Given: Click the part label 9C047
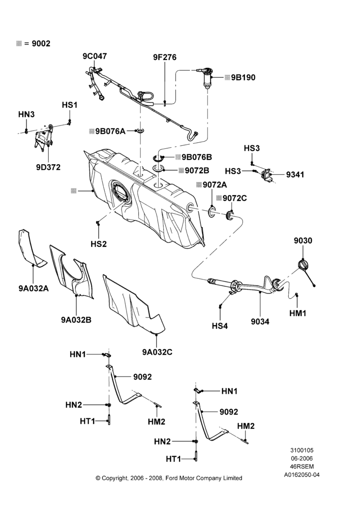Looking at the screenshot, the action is coord(95,56).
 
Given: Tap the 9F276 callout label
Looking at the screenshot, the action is coord(165,57).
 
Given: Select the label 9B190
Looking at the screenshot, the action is coord(243,78).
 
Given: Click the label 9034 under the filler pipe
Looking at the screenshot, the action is coord(260,322).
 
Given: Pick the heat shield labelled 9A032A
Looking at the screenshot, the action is coord(31,248).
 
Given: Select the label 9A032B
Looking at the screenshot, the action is coord(76,320).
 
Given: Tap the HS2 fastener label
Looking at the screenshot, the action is coord(99,244).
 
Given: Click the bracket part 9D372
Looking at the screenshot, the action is coord(43,137).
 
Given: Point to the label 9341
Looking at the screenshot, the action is coord(295,175).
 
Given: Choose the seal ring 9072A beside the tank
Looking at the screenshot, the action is coord(212,212).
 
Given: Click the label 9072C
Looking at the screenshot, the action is coord(234,198).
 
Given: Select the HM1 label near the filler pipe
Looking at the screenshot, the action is coord(298,313).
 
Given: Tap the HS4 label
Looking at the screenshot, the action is coord(220,326).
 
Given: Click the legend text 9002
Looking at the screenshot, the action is coord(41,44).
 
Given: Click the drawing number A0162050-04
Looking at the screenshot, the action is coord(302,474).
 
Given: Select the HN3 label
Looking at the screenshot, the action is coord(26,114).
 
